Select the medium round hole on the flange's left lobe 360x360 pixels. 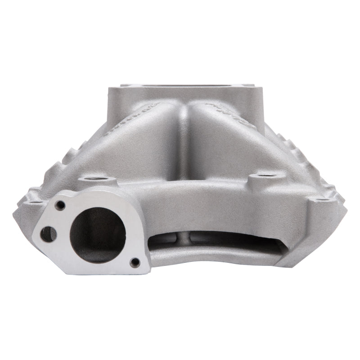point(48,233)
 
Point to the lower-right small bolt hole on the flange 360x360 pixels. point(134,262)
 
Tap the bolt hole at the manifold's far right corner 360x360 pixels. point(320,199)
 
